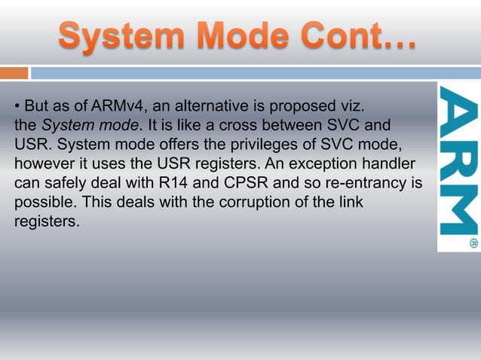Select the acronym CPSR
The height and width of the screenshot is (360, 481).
[x=240, y=183]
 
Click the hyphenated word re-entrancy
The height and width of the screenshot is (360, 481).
[x=359, y=183]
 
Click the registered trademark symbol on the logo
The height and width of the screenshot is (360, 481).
[x=473, y=243]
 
